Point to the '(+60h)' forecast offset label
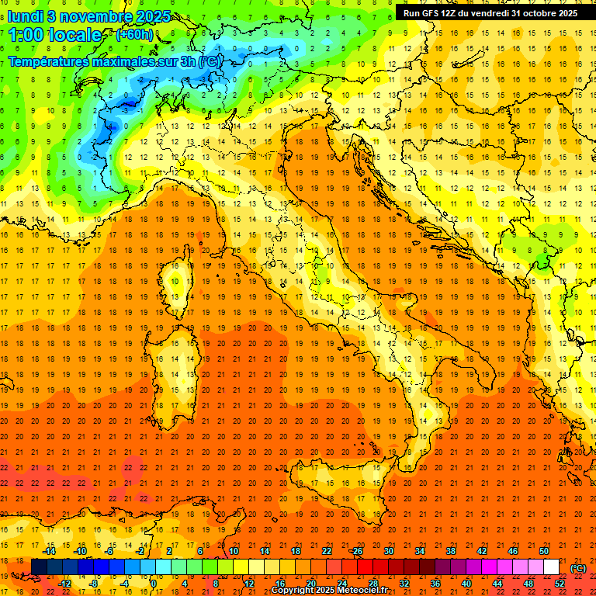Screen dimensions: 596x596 pyautogui.click(x=134, y=35)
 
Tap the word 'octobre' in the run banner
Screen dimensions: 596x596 pyautogui.click(x=539, y=12)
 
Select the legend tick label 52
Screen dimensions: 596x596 pyautogui.click(x=560, y=584)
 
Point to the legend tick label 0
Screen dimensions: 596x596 pyautogui.click(x=153, y=584)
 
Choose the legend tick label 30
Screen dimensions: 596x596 pyautogui.click(x=388, y=551)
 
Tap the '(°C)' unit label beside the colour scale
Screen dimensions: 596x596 pyautogui.click(x=578, y=567)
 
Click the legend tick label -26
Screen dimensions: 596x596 pyautogui.click(x=356, y=551)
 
